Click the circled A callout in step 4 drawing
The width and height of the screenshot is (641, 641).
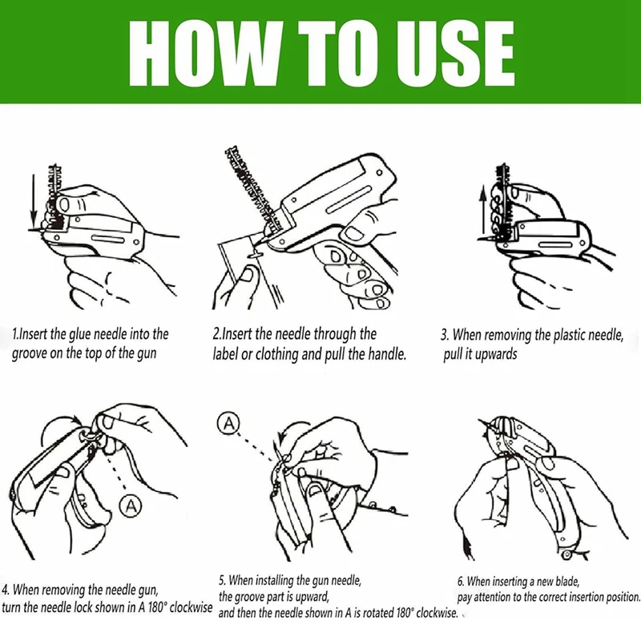pos(131,506)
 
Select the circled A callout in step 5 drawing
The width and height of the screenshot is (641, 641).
pos(228,424)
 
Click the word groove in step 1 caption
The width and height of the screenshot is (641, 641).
pos(29,353)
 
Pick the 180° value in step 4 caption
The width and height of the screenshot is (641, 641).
pos(156,607)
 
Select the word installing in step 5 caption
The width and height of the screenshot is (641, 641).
pos(274,580)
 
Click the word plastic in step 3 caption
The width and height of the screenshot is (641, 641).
pos(570,335)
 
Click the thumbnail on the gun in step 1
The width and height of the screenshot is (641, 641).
pos(64,204)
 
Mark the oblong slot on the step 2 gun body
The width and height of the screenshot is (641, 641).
pos(349,200)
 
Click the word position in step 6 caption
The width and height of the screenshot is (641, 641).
pos(623,597)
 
